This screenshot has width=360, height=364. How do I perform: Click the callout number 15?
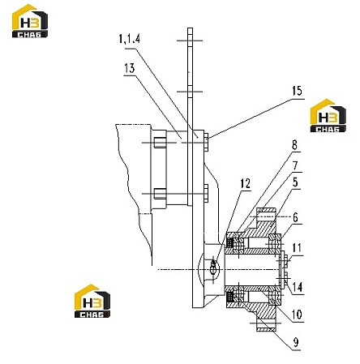coord(297,91)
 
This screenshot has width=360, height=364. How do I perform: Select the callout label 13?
coord(130,68)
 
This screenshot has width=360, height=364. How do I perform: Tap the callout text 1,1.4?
coord(130,39)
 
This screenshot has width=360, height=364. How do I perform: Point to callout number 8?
coord(294,145)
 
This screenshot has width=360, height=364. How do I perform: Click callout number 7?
coord(295,166)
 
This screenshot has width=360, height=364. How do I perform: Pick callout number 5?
coord(295,182)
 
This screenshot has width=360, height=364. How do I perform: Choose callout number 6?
coord(296,217)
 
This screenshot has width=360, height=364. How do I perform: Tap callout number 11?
coord(297,248)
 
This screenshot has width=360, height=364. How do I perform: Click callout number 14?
coord(298,287)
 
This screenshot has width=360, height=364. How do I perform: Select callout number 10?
coord(297,315)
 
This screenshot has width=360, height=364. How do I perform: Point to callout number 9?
coord(296,342)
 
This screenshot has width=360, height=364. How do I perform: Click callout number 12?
coord(246,184)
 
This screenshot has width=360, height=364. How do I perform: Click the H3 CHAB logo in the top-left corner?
coord(30,21)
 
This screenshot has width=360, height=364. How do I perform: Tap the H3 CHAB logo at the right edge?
coord(328,115)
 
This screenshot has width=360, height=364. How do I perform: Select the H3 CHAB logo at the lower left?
coord(92,301)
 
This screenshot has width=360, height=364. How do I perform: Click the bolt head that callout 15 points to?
coord(206,142)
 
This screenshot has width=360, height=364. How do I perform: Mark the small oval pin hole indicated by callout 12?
coord(214,266)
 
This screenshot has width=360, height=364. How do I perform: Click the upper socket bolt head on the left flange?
coord(160,143)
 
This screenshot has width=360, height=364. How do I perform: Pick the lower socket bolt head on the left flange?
coord(160,194)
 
